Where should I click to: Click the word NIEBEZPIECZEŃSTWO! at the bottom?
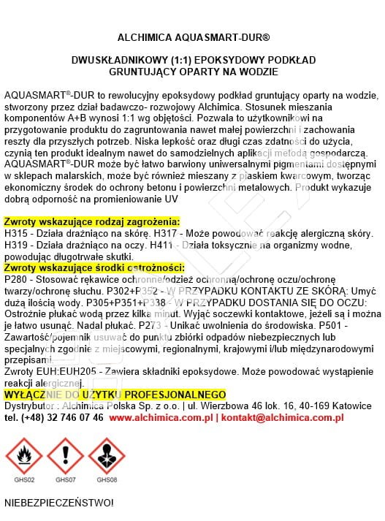point(58,503)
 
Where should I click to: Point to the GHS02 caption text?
point(24,480)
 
